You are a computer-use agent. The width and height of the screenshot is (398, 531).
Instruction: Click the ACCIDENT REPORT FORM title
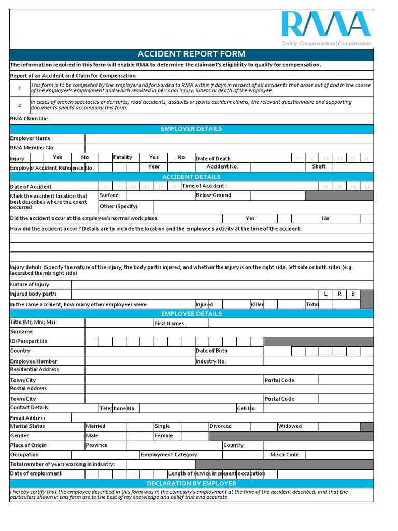191,54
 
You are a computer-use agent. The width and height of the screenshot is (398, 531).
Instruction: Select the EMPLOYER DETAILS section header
191,129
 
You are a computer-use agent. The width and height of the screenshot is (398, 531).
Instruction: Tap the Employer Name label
31,138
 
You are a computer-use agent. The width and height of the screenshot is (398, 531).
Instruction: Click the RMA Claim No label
30,119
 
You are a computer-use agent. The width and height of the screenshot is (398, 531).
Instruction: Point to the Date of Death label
213,159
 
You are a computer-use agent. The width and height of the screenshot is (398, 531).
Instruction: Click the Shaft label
319,167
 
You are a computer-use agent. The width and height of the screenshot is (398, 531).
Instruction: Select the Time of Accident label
204,186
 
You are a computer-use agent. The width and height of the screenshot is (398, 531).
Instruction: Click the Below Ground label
214,195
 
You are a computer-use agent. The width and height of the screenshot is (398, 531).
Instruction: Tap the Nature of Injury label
30,285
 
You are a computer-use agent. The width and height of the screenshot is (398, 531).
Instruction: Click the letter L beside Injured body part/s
325,294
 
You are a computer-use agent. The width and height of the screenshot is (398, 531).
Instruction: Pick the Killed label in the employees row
258,304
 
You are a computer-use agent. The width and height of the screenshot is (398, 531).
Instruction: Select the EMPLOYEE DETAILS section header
191,314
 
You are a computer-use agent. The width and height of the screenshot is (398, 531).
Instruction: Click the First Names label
169,324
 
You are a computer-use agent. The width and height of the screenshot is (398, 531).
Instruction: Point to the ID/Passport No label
29,341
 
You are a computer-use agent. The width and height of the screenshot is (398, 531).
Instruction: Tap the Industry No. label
211,361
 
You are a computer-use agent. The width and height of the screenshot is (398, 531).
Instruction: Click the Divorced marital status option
221,426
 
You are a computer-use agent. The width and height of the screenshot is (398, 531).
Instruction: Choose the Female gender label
164,436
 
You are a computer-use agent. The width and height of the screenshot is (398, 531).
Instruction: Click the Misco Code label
285,455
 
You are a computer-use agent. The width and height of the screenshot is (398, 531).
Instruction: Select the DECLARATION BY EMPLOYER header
191,483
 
